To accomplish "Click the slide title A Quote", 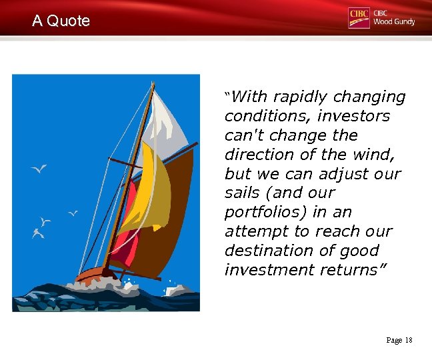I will click(x=61, y=21).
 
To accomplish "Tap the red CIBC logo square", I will click(x=359, y=17).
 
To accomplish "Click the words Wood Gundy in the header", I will click(x=394, y=22).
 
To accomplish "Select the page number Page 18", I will click(x=399, y=341).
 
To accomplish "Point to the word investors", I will click(x=353, y=116).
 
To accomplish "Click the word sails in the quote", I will click(x=242, y=193).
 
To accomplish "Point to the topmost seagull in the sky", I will click(x=40, y=169).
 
